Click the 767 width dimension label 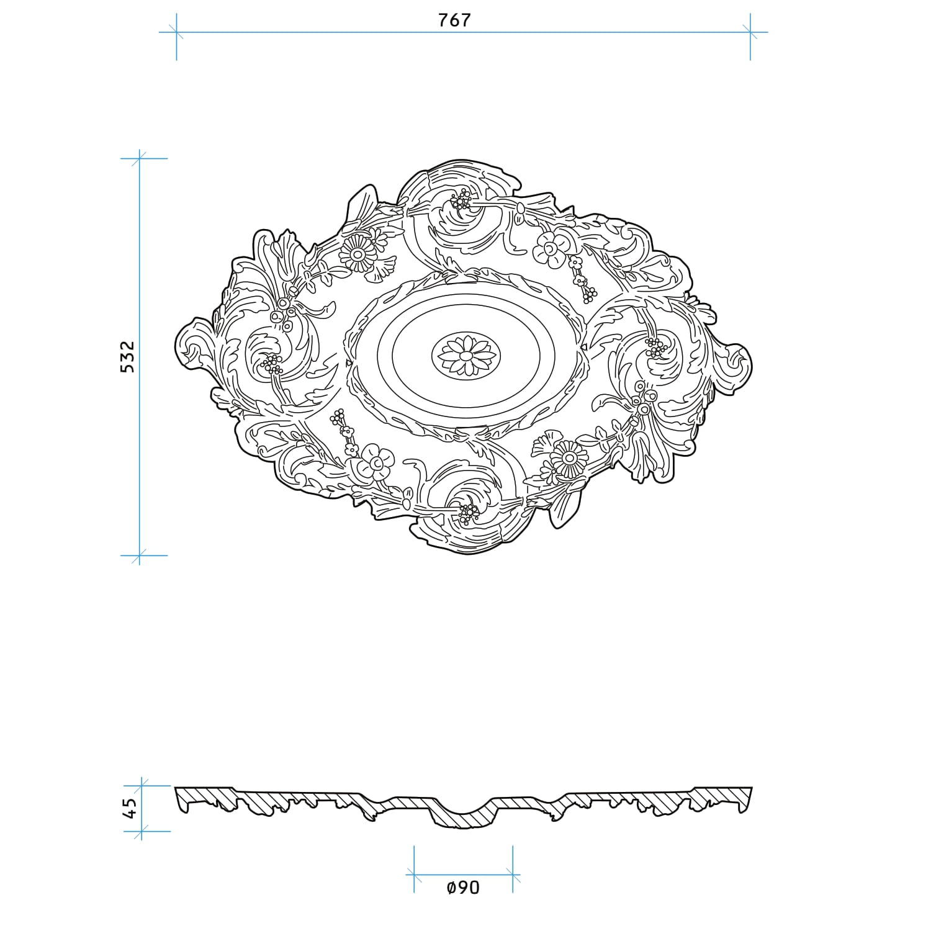[455, 20]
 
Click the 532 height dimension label [127, 356]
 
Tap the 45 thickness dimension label [131, 807]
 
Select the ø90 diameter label [463, 888]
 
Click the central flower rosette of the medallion [464, 356]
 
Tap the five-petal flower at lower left [376, 462]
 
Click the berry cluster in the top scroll [462, 200]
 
